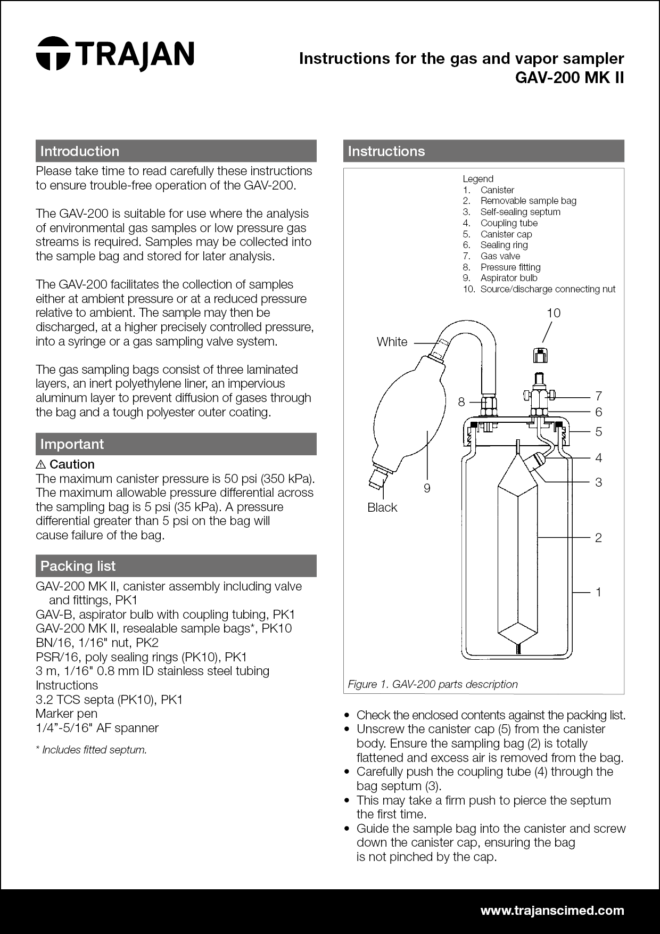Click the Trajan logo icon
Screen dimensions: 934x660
[53, 53]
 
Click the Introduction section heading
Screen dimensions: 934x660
[80, 151]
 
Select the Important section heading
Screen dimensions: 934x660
[72, 444]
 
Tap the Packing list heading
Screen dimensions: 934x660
[78, 566]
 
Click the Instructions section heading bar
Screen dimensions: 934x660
[483, 151]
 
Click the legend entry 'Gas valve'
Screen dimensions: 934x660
[500, 256]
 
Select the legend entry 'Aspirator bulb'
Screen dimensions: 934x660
[508, 278]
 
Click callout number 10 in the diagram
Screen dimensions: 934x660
[554, 313]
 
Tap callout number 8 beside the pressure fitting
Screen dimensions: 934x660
[461, 402]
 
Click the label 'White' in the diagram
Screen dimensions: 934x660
[392, 342]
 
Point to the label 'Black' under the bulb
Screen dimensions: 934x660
[382, 507]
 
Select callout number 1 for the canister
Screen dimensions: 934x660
[598, 592]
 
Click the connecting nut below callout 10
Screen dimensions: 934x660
[540, 354]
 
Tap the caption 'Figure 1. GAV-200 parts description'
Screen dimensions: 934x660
[432, 684]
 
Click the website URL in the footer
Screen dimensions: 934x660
[552, 911]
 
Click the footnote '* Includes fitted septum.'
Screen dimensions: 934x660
[91, 750]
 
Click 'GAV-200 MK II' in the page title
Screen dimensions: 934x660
[569, 78]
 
